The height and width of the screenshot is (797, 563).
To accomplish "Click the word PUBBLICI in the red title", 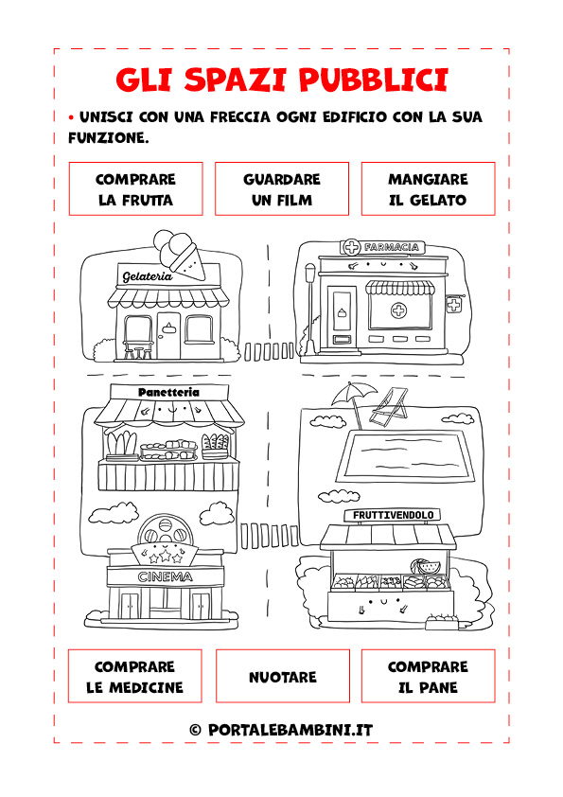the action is (x=373, y=80).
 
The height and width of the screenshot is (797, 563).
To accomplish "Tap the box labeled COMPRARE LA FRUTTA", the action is (x=135, y=188).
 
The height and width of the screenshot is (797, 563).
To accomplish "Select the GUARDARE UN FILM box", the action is (x=282, y=188).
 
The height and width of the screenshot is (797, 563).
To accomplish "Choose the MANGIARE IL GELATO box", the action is (x=428, y=188).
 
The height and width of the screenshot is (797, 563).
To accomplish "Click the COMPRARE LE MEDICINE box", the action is (x=134, y=676).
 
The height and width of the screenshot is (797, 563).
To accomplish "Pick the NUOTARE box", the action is (x=283, y=676).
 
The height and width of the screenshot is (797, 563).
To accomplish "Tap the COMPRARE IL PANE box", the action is (x=428, y=676).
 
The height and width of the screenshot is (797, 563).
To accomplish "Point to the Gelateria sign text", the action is (x=148, y=276).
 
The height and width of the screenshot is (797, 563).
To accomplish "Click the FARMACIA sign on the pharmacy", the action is (x=382, y=248).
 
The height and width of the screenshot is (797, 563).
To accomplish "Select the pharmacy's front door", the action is (x=342, y=317).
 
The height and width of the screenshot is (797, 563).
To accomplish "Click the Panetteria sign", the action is (x=168, y=392).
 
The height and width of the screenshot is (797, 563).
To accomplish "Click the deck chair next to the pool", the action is (x=389, y=407).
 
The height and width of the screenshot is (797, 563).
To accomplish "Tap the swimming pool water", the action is (x=409, y=453).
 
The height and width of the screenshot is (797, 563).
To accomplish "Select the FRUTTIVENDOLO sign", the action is (x=394, y=515).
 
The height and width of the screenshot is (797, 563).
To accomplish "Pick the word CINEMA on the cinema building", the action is (x=166, y=576).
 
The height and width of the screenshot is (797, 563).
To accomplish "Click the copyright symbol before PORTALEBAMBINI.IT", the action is (x=195, y=731).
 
